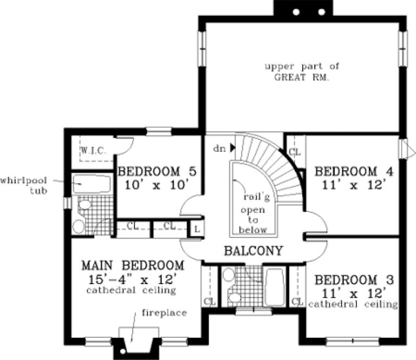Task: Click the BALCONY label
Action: pyautogui.click(x=254, y=251)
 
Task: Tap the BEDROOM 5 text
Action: pyautogui.click(x=157, y=172)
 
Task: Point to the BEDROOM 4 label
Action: pyautogui.click(x=354, y=172)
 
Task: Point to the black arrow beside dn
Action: pyautogui.click(x=232, y=147)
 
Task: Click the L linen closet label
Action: pyautogui.click(x=196, y=229)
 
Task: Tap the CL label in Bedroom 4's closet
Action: pyautogui.click(x=295, y=152)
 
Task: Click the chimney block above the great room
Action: pyautogui.click(x=300, y=10)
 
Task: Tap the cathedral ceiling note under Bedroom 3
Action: pyautogui.click(x=353, y=305)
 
